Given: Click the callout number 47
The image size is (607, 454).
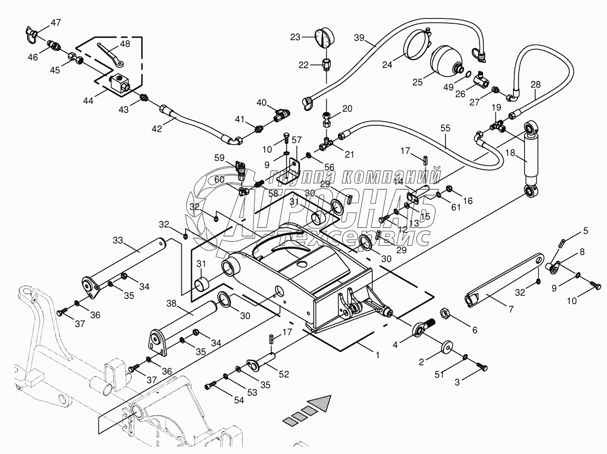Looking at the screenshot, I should coord(56,22).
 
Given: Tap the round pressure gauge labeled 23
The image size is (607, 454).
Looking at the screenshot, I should coord(324,39).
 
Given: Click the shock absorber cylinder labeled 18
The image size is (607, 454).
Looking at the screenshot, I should coord(531,157).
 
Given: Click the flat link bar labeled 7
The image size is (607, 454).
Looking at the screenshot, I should coord(504,280).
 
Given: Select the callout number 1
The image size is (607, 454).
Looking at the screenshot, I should coord(377,354).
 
